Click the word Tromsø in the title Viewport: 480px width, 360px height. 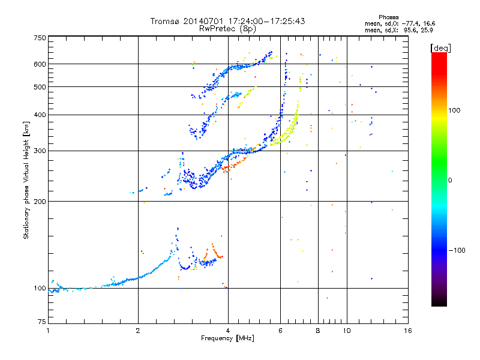coord(164,21)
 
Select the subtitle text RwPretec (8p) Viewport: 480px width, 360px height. coord(227,29)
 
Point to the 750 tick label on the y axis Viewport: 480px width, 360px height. coord(40,38)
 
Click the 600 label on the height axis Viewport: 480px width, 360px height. coord(40,64)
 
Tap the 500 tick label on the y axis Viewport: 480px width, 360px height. coord(40,87)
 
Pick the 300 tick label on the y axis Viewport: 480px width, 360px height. coord(40,151)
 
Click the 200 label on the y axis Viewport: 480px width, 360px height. coord(40,202)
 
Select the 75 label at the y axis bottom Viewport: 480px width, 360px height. coord(42,322)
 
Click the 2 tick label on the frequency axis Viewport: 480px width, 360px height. coord(138,331)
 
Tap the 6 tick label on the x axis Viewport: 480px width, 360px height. coord(280,331)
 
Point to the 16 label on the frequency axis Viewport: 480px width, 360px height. coord(408,331)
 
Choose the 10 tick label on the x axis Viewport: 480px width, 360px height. coord(347,331)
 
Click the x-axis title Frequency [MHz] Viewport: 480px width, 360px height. coord(227,338)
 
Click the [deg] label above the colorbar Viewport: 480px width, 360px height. coord(440,49)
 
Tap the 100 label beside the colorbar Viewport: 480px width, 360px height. coord(454,110)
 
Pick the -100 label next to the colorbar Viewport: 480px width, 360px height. coord(457,250)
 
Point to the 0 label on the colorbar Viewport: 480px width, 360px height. coord(450,181)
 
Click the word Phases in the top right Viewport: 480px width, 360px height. coord(388,17)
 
